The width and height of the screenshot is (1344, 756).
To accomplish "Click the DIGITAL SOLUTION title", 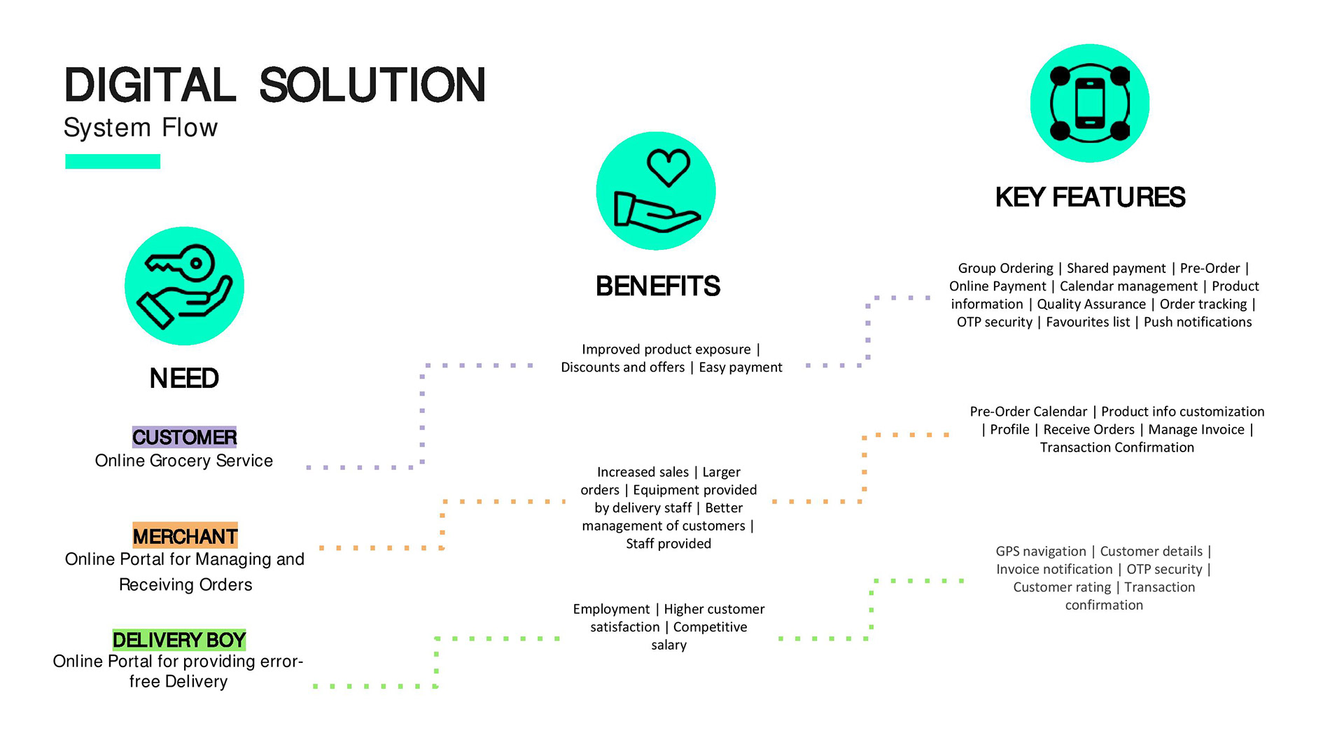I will point(274,85).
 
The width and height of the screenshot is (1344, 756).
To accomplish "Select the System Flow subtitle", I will point(141,128).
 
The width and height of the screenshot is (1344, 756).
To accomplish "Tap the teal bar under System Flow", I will point(113,162).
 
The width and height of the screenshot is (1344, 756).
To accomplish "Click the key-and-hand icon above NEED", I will point(184,286).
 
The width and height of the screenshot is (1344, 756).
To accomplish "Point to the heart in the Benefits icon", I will point(668,167).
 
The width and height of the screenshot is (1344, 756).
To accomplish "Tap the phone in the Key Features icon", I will point(1090,104).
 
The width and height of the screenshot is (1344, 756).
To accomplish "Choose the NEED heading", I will point(184,379).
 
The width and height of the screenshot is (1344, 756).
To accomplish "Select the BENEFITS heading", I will point(657,286).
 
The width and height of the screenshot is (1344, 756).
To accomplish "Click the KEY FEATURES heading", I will point(1090,197).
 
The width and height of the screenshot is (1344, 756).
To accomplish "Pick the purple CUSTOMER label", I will point(185,437).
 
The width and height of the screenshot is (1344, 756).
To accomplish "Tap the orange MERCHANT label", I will point(185,536).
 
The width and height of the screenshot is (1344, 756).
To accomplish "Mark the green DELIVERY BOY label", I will point(179,640).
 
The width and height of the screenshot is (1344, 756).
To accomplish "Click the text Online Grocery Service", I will point(184,461).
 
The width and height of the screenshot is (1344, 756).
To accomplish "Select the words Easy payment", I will point(741,367).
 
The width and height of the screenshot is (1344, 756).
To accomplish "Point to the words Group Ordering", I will point(1005,268).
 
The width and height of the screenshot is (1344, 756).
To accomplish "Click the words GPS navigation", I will point(1041,552).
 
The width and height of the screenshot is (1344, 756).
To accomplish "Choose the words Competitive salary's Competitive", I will point(710,627).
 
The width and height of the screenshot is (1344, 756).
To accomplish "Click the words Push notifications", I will point(1198,322).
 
